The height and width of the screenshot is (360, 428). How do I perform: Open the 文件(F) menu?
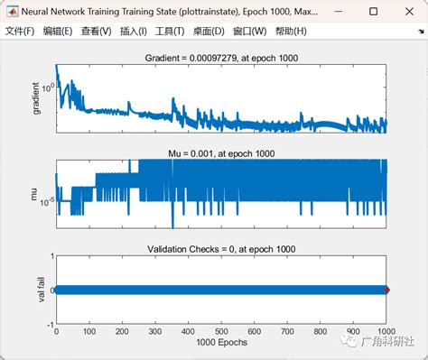pos(20,32)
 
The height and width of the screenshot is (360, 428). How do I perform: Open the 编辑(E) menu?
pos(58,32)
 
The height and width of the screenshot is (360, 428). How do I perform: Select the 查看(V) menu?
pos(96,32)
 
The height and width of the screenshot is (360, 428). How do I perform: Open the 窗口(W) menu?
pos(249,32)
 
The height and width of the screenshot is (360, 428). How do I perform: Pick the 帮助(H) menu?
pos(288,32)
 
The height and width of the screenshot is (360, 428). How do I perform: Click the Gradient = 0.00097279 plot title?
pos(221,58)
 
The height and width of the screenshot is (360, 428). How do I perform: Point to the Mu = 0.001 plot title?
pos(221,153)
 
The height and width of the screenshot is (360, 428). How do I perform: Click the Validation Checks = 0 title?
pos(221,248)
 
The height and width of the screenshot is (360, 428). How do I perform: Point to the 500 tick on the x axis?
pos(221,332)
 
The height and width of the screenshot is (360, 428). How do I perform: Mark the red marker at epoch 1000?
pos(386,290)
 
